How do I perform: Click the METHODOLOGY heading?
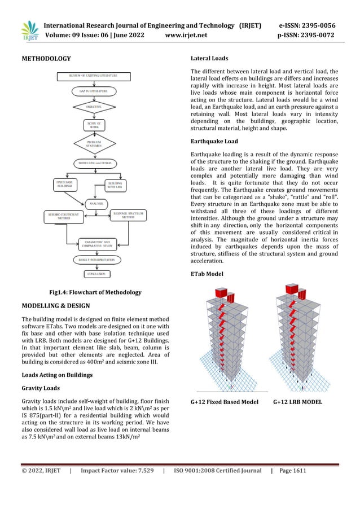46,59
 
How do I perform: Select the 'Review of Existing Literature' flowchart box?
93,75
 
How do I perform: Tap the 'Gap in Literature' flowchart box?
94,90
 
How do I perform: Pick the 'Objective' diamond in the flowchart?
94,106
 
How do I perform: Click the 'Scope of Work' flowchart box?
94,125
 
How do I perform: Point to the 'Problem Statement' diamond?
94,144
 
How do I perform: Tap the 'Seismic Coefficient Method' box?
64,216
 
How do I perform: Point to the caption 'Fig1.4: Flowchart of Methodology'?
95,292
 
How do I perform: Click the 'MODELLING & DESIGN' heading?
55,306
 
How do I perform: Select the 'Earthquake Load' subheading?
214,141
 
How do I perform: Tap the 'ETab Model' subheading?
207,274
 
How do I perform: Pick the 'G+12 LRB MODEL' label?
297,402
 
